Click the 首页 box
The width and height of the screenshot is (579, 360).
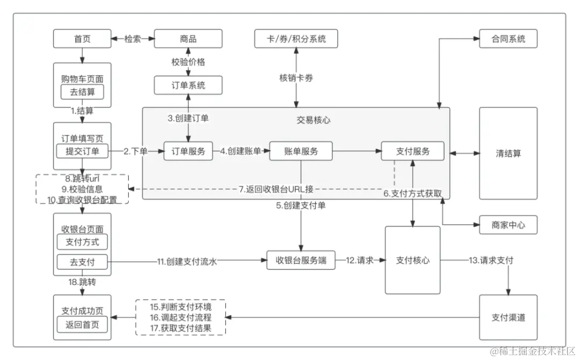point(82,39)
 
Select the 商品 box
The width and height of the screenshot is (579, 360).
point(188,39)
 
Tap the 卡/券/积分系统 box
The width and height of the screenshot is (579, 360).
point(296,39)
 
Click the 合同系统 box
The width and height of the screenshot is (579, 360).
point(508,39)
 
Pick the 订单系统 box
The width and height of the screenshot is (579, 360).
point(188,85)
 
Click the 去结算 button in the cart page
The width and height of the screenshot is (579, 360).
point(82,92)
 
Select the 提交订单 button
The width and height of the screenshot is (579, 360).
point(82,151)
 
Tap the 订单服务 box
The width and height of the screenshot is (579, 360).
point(188,151)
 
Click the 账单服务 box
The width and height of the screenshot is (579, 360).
point(301,151)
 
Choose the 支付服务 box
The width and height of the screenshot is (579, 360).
point(413,151)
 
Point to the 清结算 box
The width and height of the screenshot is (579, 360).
point(508,154)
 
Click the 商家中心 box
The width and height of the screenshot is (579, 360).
point(508,225)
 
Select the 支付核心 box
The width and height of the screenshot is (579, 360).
point(413,260)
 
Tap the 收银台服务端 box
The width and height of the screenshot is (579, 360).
point(301,260)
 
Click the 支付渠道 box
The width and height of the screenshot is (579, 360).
point(508,317)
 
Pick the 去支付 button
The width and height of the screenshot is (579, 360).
point(82,262)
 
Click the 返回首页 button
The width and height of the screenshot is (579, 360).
point(82,324)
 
